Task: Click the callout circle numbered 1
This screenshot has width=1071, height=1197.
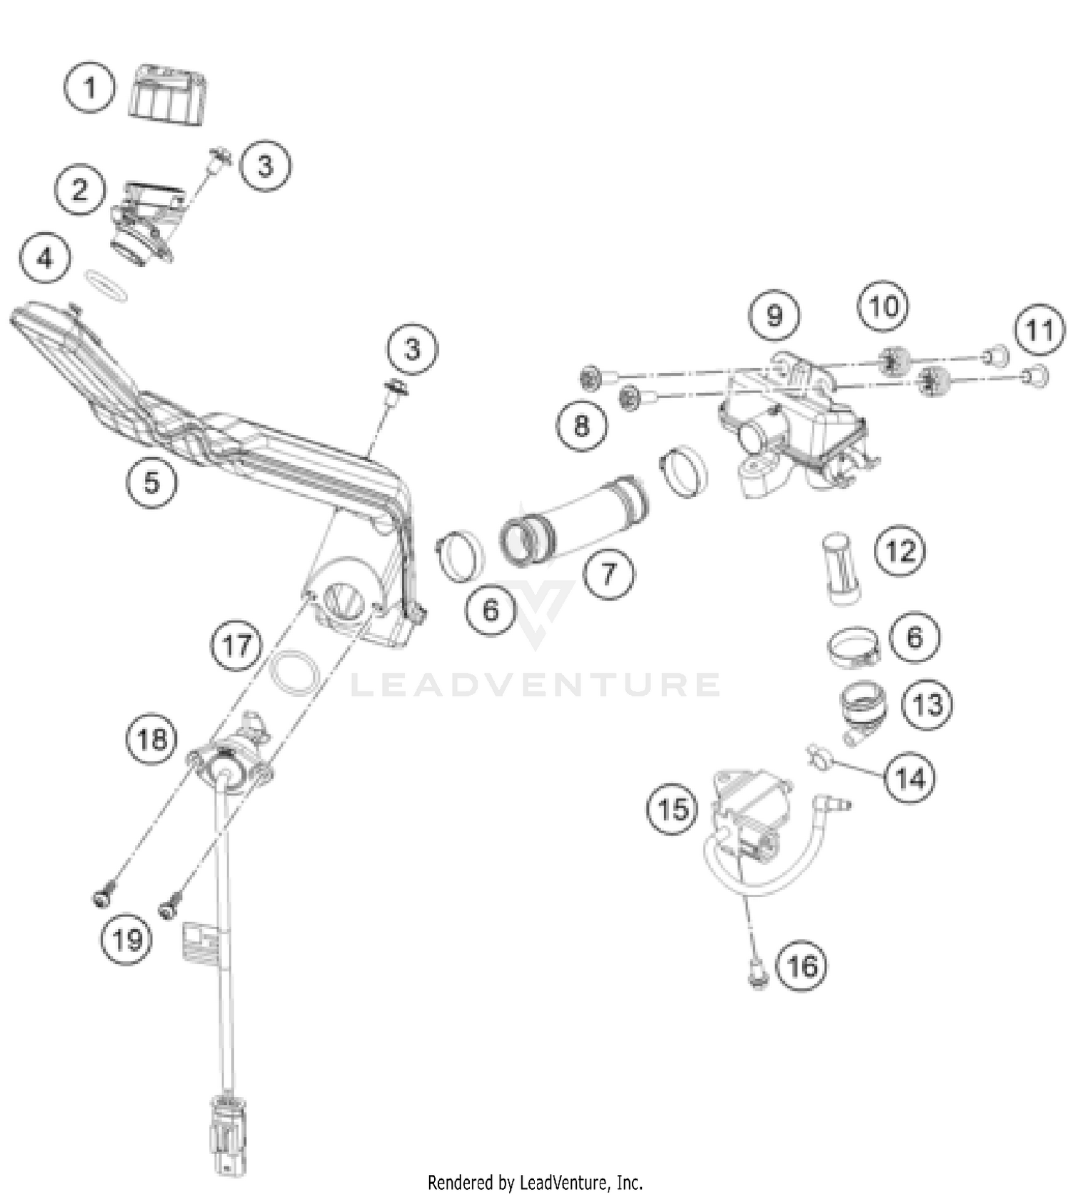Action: pos(89,88)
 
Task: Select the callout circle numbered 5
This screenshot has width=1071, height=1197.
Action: pos(151,482)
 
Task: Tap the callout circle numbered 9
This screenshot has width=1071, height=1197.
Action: pos(774,315)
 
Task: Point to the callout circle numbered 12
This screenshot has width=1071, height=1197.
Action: pos(900,551)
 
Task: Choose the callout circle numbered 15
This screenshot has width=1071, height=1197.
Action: pos(673,809)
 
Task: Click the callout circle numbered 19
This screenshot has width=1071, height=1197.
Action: pos(127,939)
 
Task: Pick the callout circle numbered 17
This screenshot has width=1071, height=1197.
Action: pos(236,646)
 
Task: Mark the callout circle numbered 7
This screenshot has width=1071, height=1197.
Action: pos(608,573)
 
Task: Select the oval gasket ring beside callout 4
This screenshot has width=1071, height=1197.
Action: pos(106,284)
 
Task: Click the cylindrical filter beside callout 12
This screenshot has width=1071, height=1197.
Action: pos(843,569)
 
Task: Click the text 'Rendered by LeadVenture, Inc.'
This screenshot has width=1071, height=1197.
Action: pos(535,1182)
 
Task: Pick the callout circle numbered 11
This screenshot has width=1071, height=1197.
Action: pos(1040,331)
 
